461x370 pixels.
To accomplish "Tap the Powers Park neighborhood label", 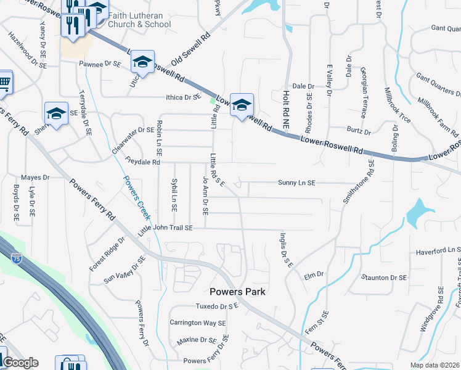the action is [237, 292].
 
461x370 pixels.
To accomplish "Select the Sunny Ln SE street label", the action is [296, 183].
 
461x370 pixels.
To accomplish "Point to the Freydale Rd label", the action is [142, 162].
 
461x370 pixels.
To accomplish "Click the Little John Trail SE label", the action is [165, 228].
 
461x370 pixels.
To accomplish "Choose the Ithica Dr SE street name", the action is [175, 97].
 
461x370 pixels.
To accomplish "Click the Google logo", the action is [20, 363].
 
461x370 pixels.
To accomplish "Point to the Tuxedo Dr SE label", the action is [216, 306].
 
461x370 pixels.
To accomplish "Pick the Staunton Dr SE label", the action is [384, 277].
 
